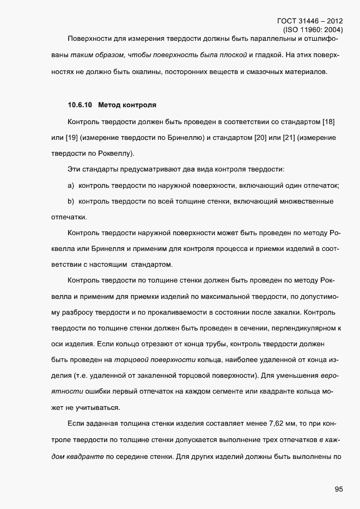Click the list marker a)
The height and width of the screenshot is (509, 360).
(x=71, y=186)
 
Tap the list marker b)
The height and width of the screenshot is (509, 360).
(x=71, y=202)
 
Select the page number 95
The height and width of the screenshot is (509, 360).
(x=338, y=489)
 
